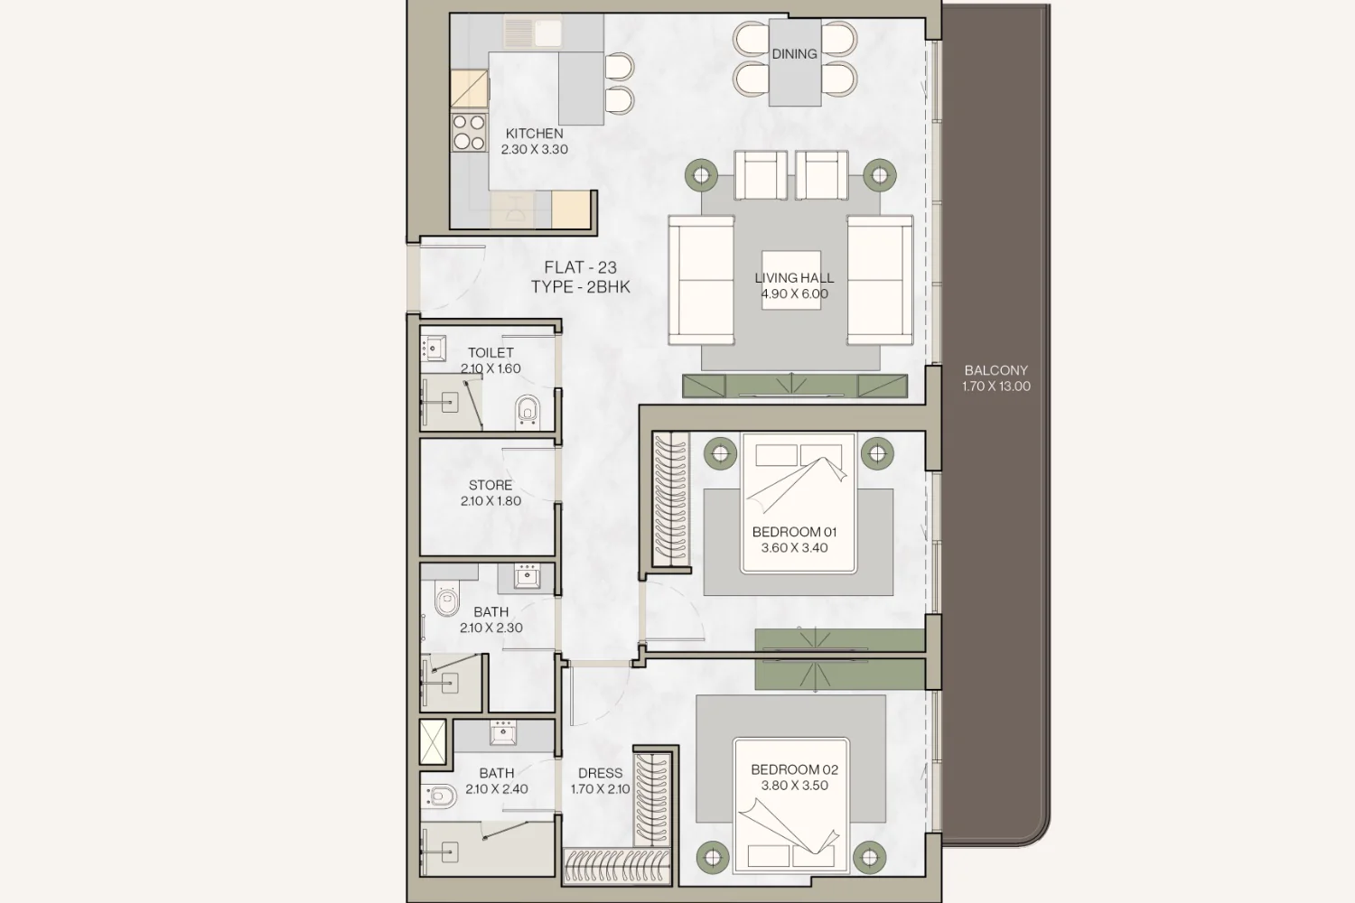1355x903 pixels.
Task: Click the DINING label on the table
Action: tap(794, 54)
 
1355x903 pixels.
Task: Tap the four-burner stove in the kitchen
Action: tap(470, 133)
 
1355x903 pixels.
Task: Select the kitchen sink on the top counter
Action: tap(533, 32)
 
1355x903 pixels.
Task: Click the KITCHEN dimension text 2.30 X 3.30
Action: tap(534, 149)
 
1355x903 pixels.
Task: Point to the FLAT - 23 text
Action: tap(580, 266)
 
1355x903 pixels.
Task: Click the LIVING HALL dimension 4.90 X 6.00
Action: tap(794, 294)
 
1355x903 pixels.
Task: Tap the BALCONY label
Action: tap(995, 370)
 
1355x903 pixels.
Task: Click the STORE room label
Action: tap(491, 485)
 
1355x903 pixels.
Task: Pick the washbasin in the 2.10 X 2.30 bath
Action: tap(527, 576)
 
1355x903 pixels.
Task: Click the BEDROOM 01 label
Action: tap(794, 532)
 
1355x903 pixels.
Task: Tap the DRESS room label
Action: tap(600, 773)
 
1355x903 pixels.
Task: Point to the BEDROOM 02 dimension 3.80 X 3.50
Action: tap(794, 786)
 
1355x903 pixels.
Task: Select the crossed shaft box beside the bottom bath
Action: tap(433, 741)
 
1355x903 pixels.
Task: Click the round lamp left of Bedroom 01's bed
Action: tap(720, 453)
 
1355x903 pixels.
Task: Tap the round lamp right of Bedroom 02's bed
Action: tap(869, 857)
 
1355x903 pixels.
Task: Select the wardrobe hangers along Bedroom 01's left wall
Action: tap(671, 498)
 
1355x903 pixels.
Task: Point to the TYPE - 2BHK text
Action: tap(580, 286)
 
